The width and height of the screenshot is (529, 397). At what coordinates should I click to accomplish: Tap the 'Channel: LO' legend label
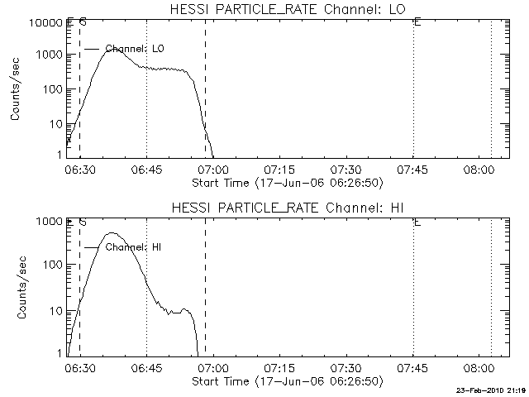tap(135, 49)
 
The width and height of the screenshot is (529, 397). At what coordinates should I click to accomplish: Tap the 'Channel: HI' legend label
tap(133, 246)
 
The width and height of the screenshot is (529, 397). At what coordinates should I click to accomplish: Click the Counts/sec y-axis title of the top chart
tap(16, 89)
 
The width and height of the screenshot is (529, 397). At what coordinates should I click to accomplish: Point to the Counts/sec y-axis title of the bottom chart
tap(16, 286)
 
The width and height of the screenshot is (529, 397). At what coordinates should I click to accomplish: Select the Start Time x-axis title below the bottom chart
tap(286, 381)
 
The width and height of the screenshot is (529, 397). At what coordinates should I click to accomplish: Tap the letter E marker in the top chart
tap(417, 22)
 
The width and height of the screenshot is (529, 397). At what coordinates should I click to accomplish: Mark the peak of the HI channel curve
tap(112, 233)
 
